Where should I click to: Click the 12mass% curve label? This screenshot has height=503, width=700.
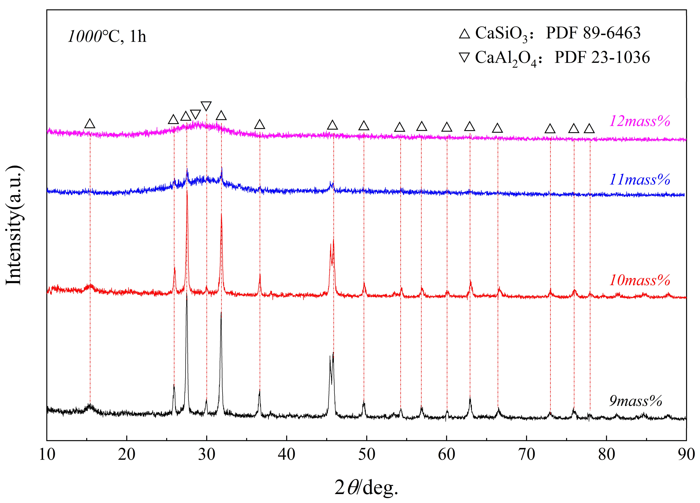click(639, 121)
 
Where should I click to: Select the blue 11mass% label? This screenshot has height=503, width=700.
click(639, 180)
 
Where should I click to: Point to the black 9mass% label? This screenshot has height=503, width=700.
click(635, 401)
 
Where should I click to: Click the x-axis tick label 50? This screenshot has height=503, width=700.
click(367, 454)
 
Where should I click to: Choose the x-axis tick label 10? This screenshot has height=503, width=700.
click(47, 454)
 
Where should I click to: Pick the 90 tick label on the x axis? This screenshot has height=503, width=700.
click(686, 454)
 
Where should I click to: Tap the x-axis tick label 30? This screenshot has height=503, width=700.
click(206, 454)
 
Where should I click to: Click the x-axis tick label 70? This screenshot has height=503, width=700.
click(527, 454)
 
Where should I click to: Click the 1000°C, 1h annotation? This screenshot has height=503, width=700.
click(107, 37)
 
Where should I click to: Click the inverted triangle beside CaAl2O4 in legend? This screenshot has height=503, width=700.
click(465, 58)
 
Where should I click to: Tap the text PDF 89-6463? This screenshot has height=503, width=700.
click(593, 33)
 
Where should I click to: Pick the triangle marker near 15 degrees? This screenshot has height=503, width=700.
click(90, 124)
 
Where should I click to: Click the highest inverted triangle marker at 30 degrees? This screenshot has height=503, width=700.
click(206, 106)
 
